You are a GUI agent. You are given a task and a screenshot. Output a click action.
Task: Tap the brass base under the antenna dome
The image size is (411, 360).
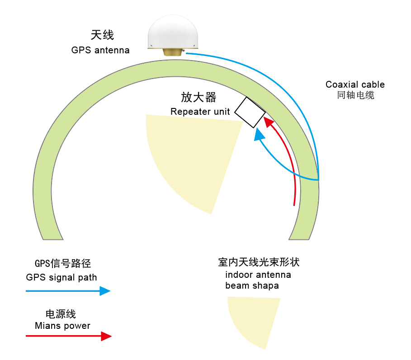coord(173,52)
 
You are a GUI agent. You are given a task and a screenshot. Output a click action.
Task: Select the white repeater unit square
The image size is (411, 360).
coord(250,112)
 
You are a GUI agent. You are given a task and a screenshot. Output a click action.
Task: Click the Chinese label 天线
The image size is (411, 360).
coord(102,35)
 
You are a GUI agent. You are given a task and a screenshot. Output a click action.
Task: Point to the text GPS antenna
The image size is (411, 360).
coord(100,50)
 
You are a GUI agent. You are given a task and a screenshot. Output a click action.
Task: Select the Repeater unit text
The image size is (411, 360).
coord(200,112)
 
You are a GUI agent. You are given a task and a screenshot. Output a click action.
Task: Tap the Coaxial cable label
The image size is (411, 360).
coord(355,84)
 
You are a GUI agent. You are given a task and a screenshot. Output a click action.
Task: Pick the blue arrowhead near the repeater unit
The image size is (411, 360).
coord(259,134)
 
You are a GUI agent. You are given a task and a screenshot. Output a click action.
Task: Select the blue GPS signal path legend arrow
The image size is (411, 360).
coord(68,291)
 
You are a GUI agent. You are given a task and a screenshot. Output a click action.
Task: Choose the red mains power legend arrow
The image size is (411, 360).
coord(68,336)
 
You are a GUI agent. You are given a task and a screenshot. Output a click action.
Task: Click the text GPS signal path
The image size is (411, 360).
coord(61,277)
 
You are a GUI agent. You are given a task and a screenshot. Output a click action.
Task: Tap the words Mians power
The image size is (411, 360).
coord(62,326)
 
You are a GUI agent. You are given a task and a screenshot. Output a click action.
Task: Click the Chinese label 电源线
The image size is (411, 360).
coord(61,314)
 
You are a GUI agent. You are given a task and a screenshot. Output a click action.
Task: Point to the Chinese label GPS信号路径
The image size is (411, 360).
coord(60,264)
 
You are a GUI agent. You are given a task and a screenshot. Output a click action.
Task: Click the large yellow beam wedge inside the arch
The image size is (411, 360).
coord(190,158)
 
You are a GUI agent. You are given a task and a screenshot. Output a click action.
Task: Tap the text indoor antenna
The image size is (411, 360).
coord(258,275)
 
